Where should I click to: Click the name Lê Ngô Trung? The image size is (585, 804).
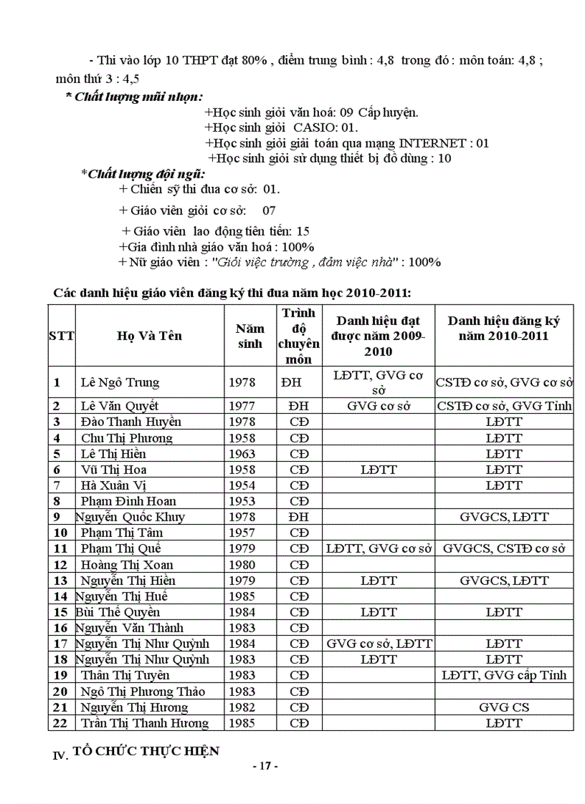click(x=120, y=382)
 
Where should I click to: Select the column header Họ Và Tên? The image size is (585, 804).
click(x=150, y=336)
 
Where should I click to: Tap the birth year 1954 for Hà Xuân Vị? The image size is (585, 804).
click(x=242, y=485)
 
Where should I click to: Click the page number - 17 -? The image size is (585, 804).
click(x=265, y=766)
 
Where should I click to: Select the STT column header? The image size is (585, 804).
click(x=62, y=336)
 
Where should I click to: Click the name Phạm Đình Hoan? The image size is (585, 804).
click(x=128, y=501)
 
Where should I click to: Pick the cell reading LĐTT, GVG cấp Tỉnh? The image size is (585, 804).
click(x=504, y=675)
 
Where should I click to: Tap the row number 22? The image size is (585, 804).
click(x=61, y=723)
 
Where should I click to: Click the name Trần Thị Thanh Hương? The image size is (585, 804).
click(x=144, y=723)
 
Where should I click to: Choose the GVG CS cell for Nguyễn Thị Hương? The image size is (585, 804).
click(x=504, y=707)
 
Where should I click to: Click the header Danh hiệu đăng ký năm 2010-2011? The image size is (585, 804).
click(x=504, y=328)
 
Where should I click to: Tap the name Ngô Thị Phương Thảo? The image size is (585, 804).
click(x=143, y=692)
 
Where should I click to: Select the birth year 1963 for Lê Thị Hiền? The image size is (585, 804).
click(x=242, y=454)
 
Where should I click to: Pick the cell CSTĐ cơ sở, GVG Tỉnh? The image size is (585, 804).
click(x=504, y=406)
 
